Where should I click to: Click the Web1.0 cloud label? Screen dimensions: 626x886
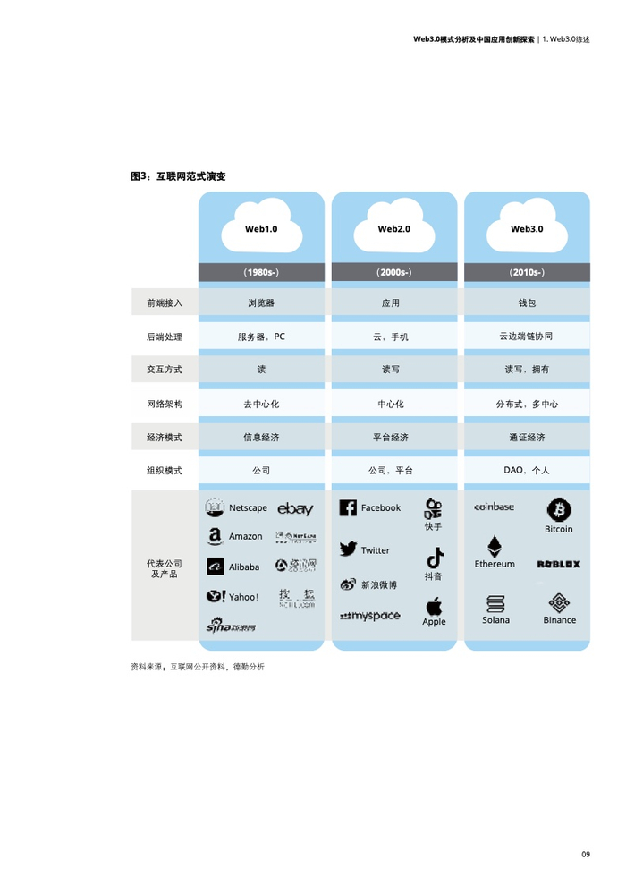point(261,228)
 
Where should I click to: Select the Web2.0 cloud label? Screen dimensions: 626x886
point(393,228)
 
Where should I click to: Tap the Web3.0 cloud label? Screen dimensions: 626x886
point(527,228)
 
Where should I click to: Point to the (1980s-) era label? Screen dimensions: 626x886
point(261,271)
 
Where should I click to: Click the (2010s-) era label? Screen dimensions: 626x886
point(527,271)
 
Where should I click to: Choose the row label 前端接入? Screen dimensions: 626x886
point(165,303)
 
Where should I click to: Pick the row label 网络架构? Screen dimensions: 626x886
point(165,404)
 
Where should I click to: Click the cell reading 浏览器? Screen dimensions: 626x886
point(261,303)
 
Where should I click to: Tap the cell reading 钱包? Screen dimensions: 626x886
point(527,303)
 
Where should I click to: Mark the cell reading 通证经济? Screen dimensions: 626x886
point(527,438)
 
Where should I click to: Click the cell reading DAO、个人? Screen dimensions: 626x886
point(527,470)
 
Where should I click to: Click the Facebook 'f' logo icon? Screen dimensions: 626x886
point(348,507)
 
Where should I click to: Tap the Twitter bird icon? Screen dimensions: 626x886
point(348,549)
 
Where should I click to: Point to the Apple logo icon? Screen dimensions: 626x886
point(434,606)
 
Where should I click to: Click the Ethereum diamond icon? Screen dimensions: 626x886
point(495,546)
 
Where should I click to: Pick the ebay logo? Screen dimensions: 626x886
point(295,509)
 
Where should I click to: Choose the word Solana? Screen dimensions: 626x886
point(495,619)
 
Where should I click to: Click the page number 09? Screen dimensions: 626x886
point(586,856)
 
